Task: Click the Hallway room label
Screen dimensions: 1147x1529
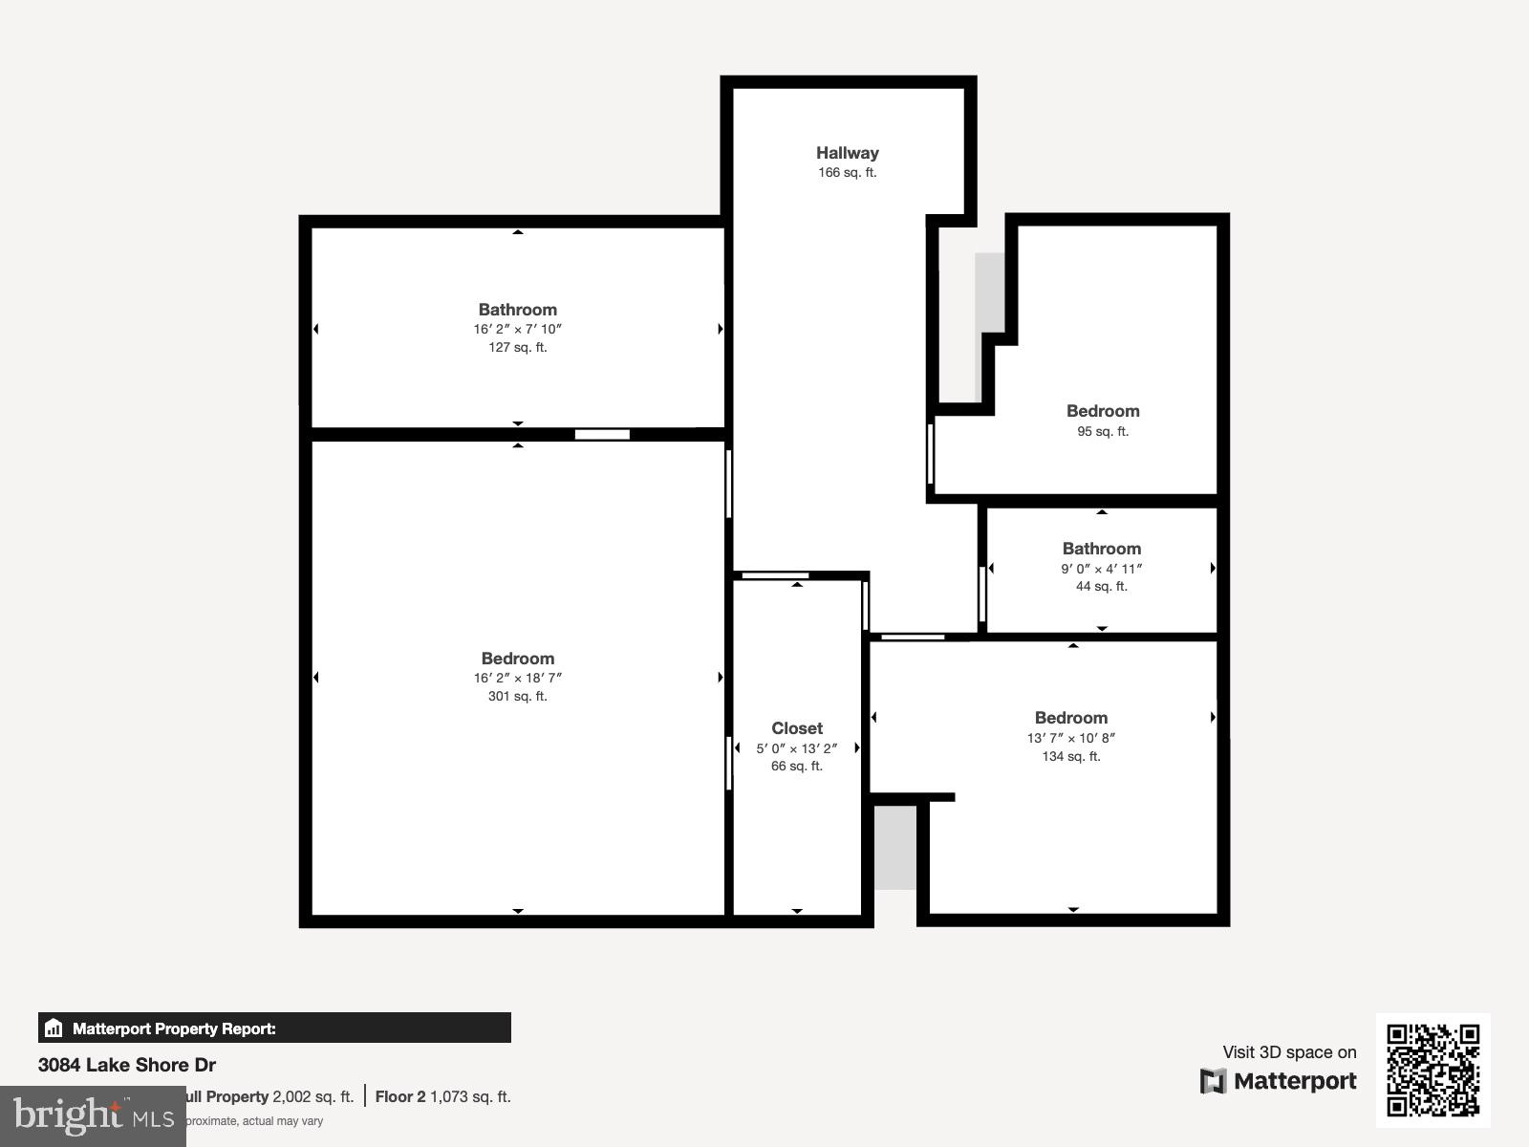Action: click(847, 153)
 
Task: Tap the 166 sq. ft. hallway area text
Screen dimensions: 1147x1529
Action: click(847, 173)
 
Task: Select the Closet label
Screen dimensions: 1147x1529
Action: click(797, 728)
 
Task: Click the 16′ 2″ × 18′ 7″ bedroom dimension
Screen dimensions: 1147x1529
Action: click(517, 678)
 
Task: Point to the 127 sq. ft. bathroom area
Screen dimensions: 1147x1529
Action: click(517, 347)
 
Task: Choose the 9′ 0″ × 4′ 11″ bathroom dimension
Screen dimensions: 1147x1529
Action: click(1101, 569)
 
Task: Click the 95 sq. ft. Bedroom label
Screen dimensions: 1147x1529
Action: click(1103, 411)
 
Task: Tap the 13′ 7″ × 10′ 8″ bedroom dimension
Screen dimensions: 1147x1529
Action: click(1070, 738)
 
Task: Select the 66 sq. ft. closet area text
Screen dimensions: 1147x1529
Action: click(797, 766)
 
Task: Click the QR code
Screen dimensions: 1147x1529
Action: click(1432, 1070)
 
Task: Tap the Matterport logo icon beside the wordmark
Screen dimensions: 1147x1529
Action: click(1213, 1081)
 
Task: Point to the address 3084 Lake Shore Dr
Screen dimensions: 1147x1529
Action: click(127, 1065)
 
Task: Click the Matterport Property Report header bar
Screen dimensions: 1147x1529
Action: click(274, 1028)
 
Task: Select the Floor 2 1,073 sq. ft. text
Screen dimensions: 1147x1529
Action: click(442, 1096)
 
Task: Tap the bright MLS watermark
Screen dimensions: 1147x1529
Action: click(93, 1115)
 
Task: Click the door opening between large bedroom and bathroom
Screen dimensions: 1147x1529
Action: click(602, 435)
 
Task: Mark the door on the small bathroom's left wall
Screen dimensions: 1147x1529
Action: click(982, 595)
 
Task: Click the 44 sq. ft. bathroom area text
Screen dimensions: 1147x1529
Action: click(1101, 586)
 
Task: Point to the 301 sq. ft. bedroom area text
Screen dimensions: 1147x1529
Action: click(517, 696)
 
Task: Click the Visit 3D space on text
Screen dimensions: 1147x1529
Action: click(1289, 1052)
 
